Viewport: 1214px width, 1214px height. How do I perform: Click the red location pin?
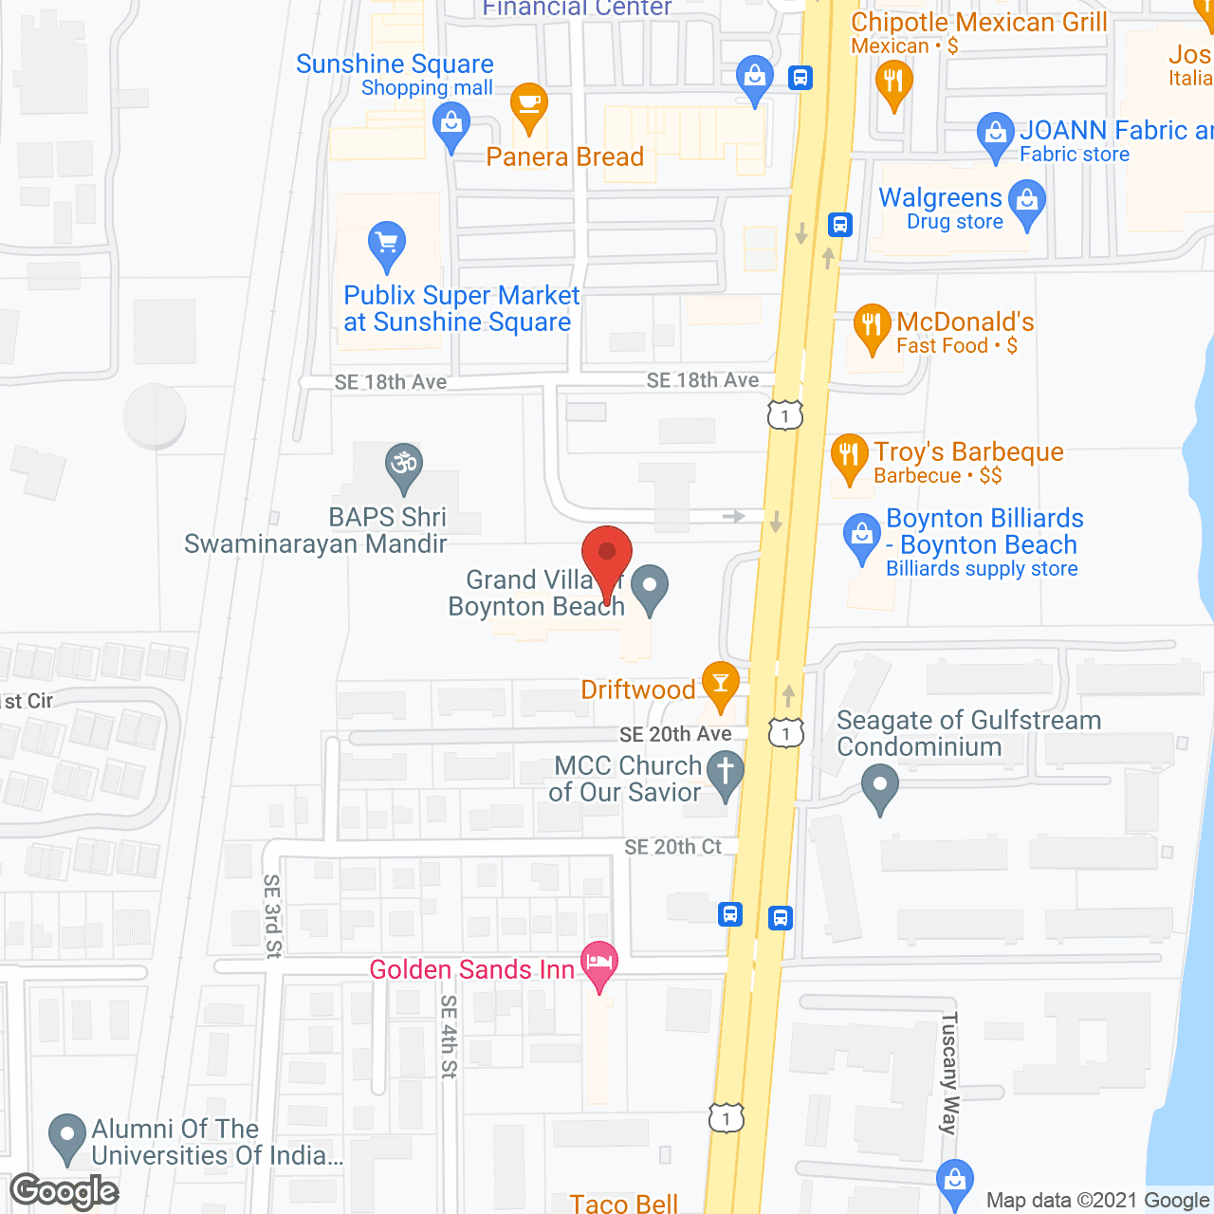[x=606, y=554]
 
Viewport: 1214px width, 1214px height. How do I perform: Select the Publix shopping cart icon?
[x=386, y=244]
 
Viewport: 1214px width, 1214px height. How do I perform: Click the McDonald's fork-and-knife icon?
[x=871, y=326]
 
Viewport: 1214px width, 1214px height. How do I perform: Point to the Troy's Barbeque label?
[x=967, y=452]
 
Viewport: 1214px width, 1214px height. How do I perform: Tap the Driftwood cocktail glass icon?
[x=720, y=683]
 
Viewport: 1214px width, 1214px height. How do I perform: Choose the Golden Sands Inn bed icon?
[x=599, y=963]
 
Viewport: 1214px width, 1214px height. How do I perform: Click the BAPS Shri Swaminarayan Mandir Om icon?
[x=404, y=465]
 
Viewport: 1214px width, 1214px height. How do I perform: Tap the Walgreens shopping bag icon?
[x=1027, y=203]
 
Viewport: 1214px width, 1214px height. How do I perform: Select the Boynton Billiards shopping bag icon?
[x=861, y=536]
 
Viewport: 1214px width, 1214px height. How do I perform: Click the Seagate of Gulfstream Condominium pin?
[x=880, y=786]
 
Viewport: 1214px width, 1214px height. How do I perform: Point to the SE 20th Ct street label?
[x=672, y=847]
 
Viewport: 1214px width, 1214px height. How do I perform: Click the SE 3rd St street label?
[x=272, y=915]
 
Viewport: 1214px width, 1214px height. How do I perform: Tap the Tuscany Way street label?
[x=949, y=1073]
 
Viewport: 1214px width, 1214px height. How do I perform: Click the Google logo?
[x=64, y=1191]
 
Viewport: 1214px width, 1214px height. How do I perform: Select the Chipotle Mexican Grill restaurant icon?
[x=893, y=82]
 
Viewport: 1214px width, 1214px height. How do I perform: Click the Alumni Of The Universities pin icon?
[x=66, y=1135]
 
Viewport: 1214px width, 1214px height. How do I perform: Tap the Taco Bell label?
[x=623, y=1203]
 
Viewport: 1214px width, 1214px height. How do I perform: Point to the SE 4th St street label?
[x=449, y=1036]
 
